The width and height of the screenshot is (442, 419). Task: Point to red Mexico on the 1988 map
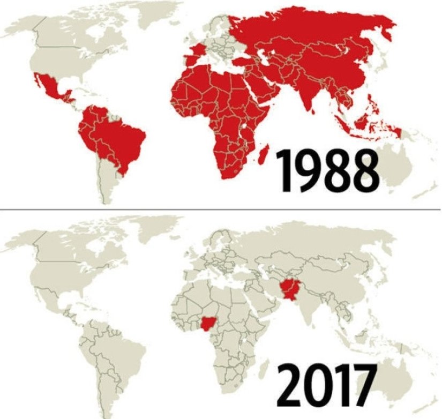click(51, 88)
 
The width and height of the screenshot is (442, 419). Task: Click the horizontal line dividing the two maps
click(221, 208)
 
